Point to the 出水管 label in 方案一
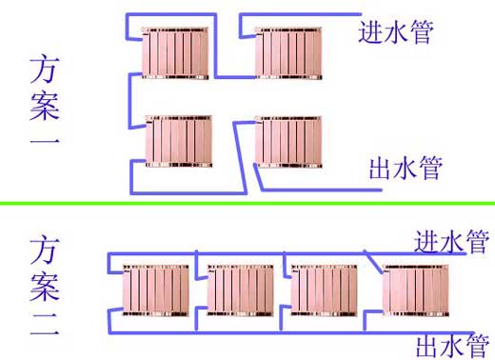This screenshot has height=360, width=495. (x=405, y=169)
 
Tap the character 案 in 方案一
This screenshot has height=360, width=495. (x=44, y=108)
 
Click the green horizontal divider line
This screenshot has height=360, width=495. (x=247, y=203)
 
